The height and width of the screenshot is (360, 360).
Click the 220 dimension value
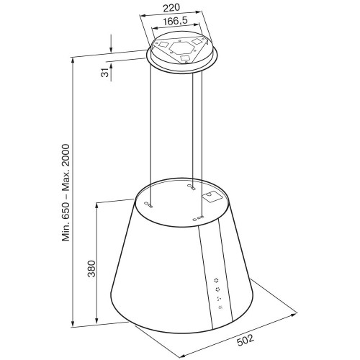[171, 8]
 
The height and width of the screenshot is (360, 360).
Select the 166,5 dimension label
[175, 21]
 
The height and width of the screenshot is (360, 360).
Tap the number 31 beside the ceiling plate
[104, 73]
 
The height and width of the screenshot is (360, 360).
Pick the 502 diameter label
[246, 341]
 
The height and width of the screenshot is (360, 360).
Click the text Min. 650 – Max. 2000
[66, 193]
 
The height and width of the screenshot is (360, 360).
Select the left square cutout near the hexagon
[163, 45]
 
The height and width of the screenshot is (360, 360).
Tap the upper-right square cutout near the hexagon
[198, 41]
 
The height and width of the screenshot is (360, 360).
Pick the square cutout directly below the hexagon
[185, 58]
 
